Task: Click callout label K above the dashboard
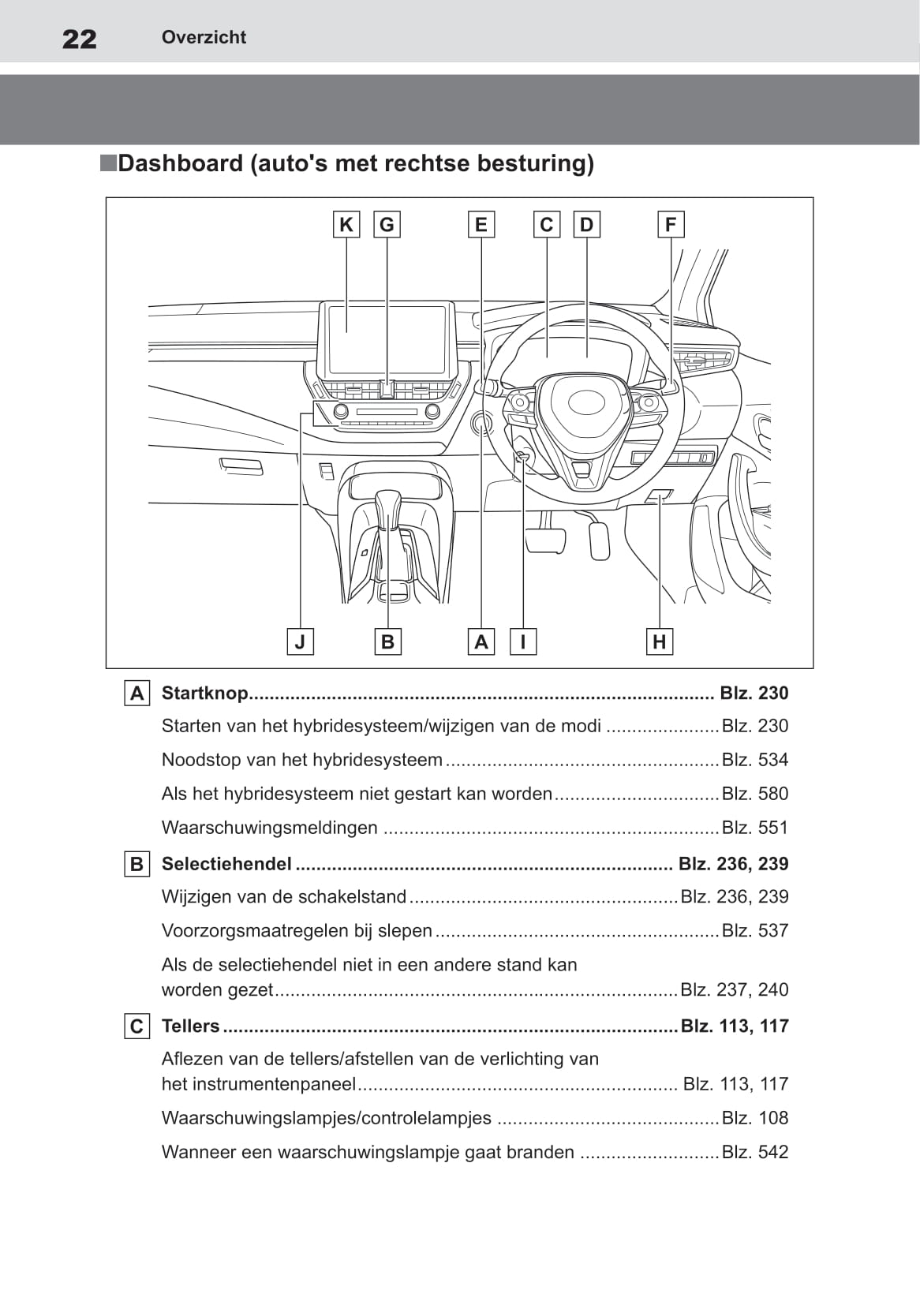346,225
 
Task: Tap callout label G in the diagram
387,225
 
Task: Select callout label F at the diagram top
671,225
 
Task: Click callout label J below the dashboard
300,641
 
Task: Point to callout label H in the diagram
660,641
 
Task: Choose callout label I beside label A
522,641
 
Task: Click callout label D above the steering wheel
586,225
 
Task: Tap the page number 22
80,39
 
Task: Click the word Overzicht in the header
204,37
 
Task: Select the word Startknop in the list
204,693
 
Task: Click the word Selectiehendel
226,864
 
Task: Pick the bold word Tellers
190,1026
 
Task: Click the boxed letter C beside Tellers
137,1026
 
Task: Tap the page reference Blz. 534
755,760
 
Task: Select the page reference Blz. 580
755,794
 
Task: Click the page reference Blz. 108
755,1118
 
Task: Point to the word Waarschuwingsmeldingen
270,828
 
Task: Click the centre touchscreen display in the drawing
387,339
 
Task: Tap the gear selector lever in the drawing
388,513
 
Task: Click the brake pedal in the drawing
545,540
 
